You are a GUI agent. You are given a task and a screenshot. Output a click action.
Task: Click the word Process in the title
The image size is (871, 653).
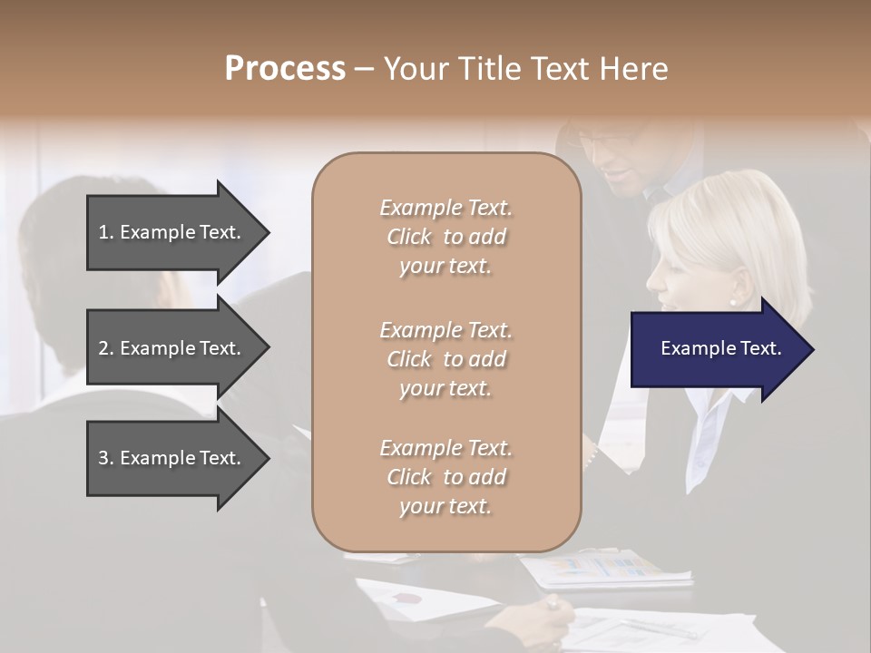pyautogui.click(x=285, y=68)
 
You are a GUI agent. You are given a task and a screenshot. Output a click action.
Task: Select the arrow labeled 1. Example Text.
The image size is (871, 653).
pyautogui.click(x=172, y=232)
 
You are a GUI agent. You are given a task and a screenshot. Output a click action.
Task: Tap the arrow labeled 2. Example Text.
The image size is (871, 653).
pyautogui.click(x=172, y=348)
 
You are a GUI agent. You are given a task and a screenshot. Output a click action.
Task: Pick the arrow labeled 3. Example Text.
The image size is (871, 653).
pyautogui.click(x=172, y=458)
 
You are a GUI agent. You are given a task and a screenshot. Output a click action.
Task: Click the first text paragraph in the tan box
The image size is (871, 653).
pyautogui.click(x=445, y=237)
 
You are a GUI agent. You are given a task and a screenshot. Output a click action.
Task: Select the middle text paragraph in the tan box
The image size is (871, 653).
pyautogui.click(x=445, y=359)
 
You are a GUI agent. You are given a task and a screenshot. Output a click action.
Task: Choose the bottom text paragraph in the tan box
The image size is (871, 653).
pyautogui.click(x=445, y=477)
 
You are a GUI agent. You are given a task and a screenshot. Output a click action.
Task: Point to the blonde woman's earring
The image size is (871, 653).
pyautogui.click(x=732, y=301)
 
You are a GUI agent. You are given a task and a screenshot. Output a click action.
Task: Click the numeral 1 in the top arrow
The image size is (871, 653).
pyautogui.click(x=103, y=232)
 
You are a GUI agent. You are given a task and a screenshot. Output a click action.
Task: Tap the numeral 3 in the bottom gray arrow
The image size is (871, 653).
pyautogui.click(x=103, y=458)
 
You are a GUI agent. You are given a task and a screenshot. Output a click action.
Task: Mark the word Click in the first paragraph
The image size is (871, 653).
pyautogui.click(x=409, y=237)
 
